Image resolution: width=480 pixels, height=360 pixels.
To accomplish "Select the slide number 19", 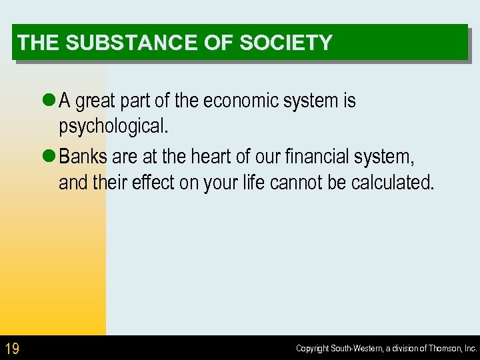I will pyautogui.click(x=12, y=348).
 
